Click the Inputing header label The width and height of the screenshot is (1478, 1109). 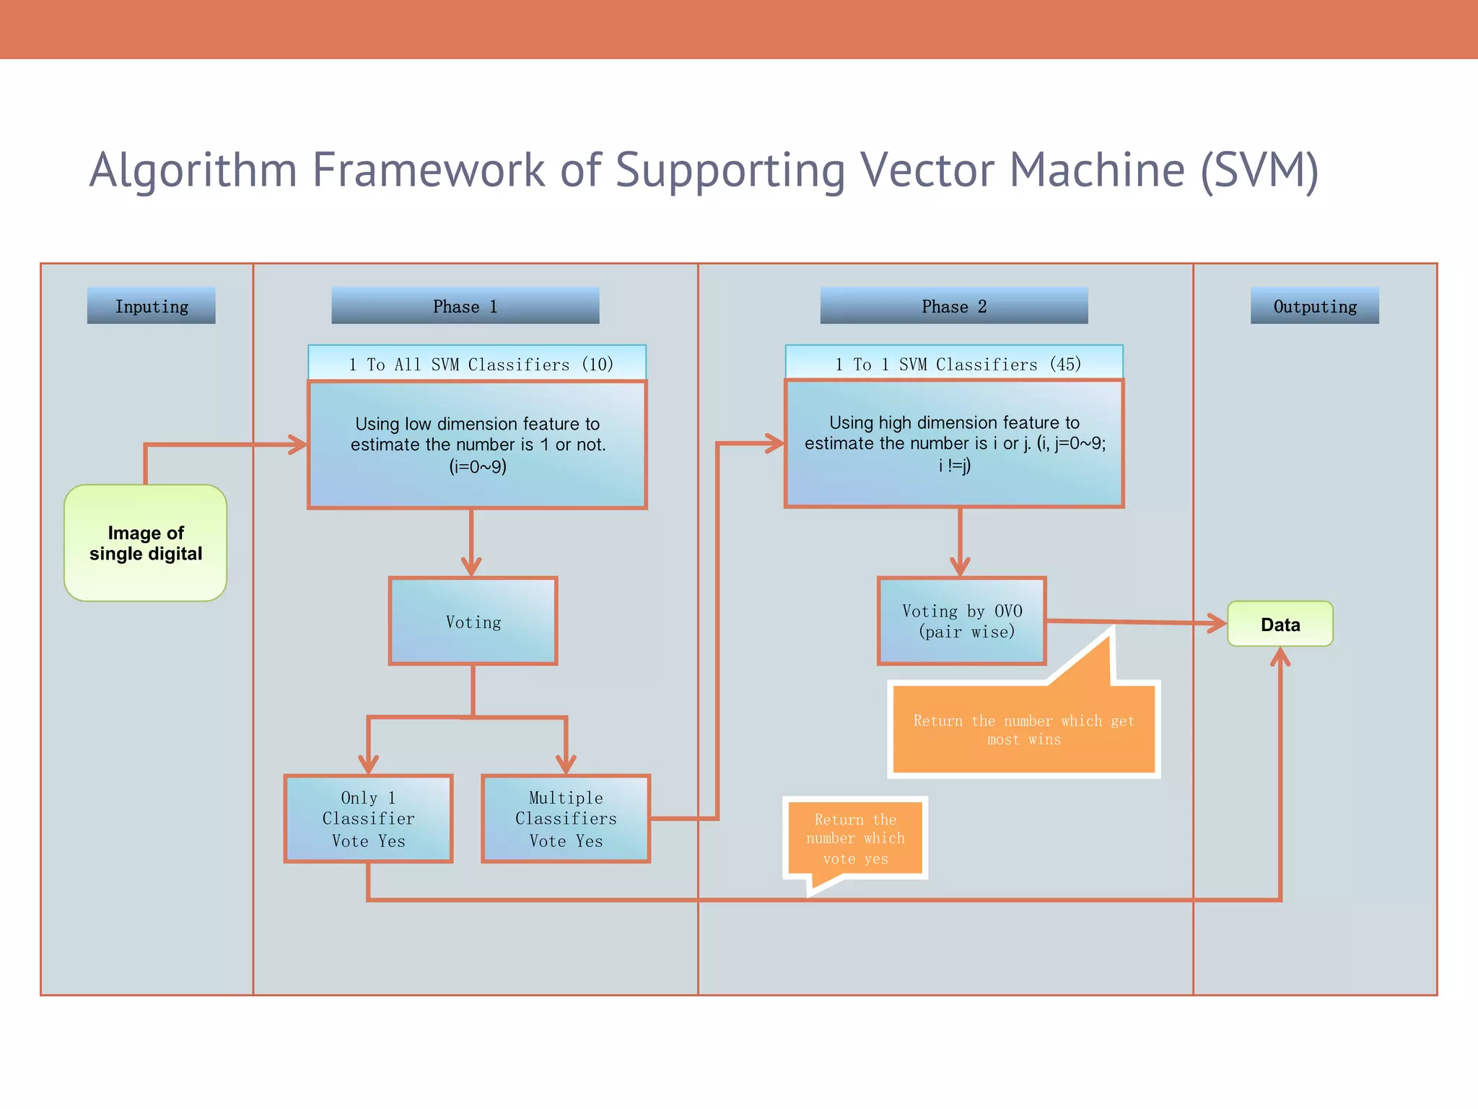[x=151, y=306]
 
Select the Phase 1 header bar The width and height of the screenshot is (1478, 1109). [x=465, y=306]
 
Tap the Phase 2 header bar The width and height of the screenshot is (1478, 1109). [x=953, y=306]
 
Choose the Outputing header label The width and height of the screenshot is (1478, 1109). [x=1314, y=306]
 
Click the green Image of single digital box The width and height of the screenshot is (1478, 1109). [x=146, y=543]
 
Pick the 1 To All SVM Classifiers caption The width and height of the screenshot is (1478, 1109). [x=477, y=363]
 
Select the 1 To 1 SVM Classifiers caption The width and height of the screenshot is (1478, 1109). [x=954, y=363]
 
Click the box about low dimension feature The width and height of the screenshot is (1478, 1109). [x=477, y=445]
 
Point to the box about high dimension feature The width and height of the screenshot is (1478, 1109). [x=954, y=443]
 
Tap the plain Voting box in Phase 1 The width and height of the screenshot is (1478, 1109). [x=473, y=622]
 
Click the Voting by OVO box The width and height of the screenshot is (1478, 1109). [x=961, y=621]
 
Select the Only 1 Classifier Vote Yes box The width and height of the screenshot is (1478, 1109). [x=368, y=819]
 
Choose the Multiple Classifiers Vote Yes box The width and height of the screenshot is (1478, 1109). [x=566, y=819]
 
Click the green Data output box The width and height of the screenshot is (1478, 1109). [x=1280, y=624]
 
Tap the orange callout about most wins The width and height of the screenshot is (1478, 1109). [x=1023, y=729]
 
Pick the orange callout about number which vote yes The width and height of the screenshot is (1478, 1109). [x=855, y=838]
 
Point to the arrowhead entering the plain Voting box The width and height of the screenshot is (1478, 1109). [x=471, y=566]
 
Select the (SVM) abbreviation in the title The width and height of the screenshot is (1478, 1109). [x=1260, y=170]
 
